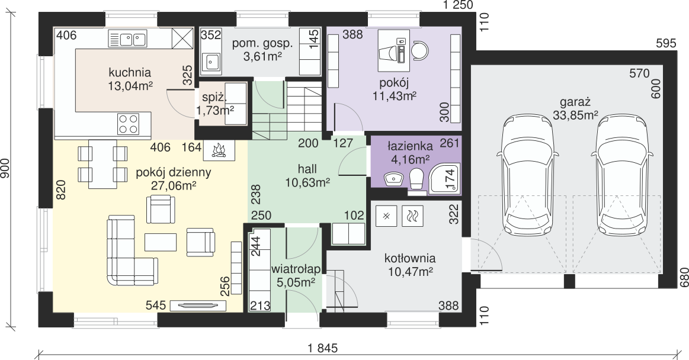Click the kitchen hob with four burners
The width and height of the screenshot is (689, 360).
pyautogui.click(x=129, y=123)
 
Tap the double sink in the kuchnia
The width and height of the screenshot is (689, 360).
pyautogui.click(x=127, y=40)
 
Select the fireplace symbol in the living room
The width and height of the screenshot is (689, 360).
pyautogui.click(x=219, y=150)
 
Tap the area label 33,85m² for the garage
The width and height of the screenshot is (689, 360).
pyautogui.click(x=575, y=115)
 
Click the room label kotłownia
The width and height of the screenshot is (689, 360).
pyautogui.click(x=410, y=258)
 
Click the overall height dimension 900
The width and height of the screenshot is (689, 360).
pyautogui.click(x=5, y=168)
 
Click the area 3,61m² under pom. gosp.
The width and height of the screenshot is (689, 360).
pyautogui.click(x=263, y=56)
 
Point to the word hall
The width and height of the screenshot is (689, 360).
pyautogui.click(x=307, y=169)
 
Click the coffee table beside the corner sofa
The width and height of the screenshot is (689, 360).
pyautogui.click(x=161, y=242)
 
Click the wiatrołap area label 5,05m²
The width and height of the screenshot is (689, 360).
pyautogui.click(x=296, y=282)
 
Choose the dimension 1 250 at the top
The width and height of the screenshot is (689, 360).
pyautogui.click(x=458, y=5)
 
